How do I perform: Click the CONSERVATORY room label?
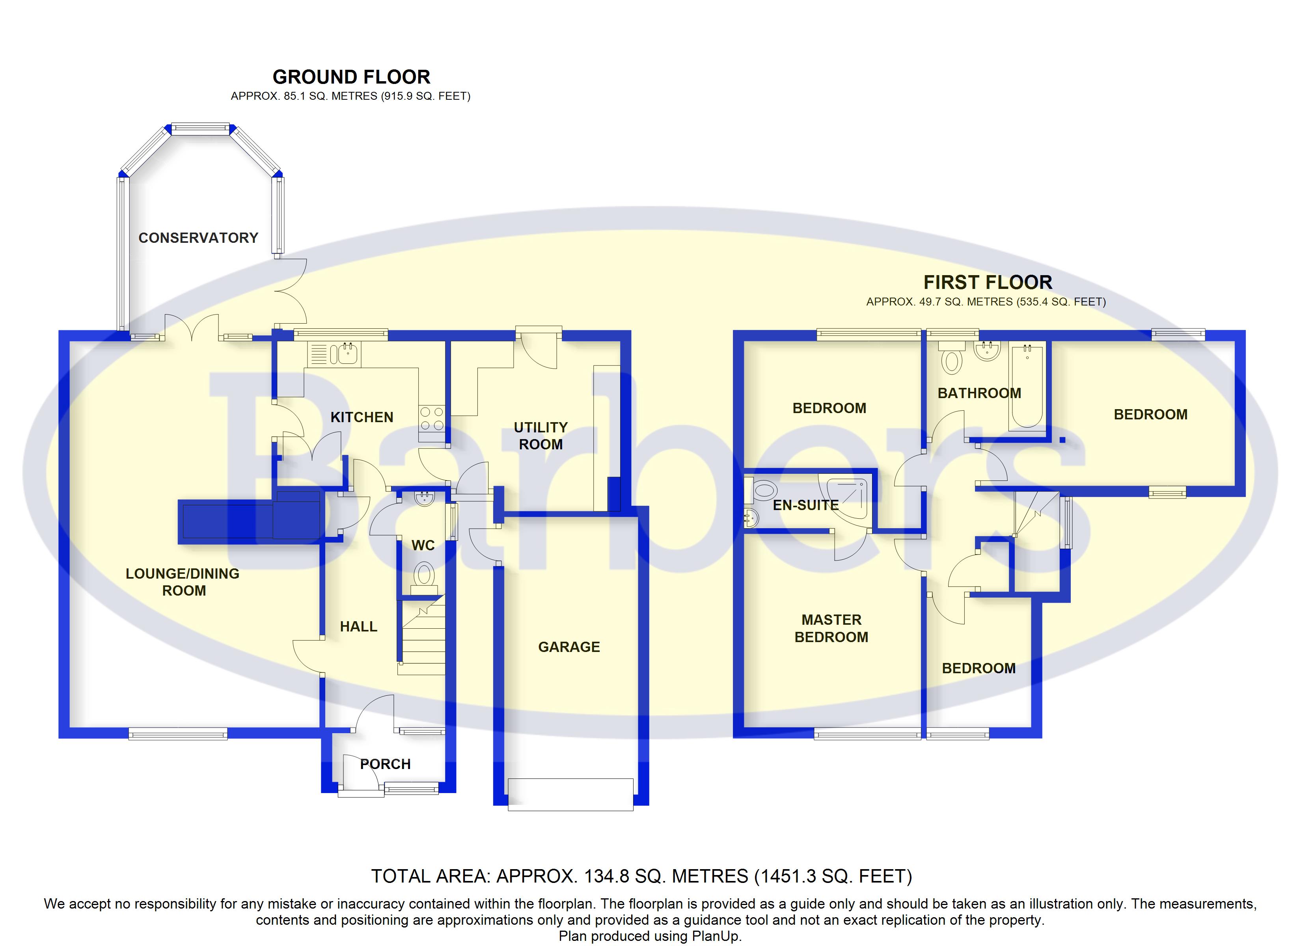[x=198, y=238]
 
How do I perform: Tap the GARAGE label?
[x=569, y=647]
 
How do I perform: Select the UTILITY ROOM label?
[x=541, y=436]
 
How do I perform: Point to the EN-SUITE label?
[x=806, y=505]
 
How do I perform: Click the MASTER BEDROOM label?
[x=831, y=628]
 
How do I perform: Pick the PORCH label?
[x=386, y=764]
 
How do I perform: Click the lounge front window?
[x=178, y=733]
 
